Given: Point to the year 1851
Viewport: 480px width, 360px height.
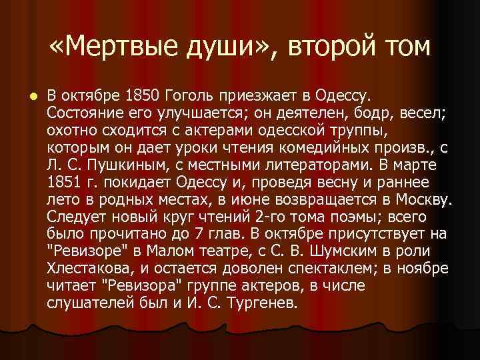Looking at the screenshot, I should [65, 181].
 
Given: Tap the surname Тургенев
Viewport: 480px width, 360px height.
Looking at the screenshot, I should [262, 303].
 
